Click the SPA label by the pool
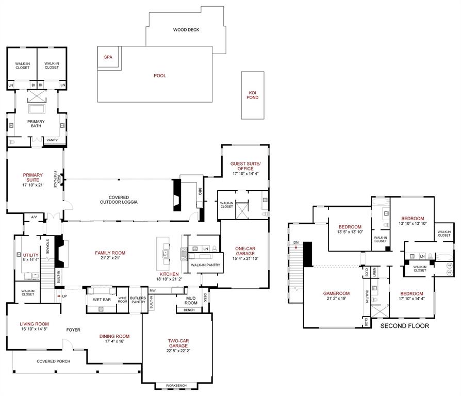coord(108,57)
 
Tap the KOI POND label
coord(253,95)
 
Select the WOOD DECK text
coord(186,30)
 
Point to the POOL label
coord(160,76)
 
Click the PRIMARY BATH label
coord(36,124)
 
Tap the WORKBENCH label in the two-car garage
coord(176,386)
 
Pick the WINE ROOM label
coord(122,300)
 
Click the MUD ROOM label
coord(191,301)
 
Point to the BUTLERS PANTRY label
coord(138,300)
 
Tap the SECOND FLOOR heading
coord(404,326)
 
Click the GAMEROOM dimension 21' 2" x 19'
coord(336,299)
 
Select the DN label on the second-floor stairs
coord(295,242)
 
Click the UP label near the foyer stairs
coord(64,296)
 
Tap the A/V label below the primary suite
coord(34,217)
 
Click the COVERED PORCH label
coord(53,361)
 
